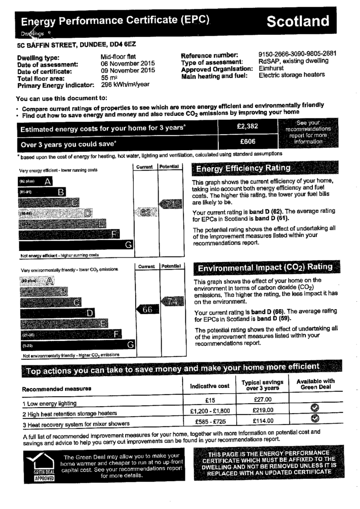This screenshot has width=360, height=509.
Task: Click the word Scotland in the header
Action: pos(297,21)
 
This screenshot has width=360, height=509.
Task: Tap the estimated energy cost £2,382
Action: pos(248,127)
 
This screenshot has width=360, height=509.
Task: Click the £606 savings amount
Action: pos(248,142)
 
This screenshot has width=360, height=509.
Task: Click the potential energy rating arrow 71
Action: pos(170,203)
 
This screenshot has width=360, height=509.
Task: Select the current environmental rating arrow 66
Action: pos(147,310)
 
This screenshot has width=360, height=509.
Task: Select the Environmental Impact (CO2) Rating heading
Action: pos(265,267)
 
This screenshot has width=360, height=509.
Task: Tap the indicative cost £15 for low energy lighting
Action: pos(210,401)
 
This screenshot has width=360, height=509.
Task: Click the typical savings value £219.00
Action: pos(262,411)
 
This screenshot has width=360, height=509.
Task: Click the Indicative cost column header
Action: pos(210,386)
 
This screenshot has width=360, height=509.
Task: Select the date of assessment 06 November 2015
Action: pos(128,64)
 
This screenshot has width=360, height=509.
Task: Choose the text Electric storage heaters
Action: pos(292,75)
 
